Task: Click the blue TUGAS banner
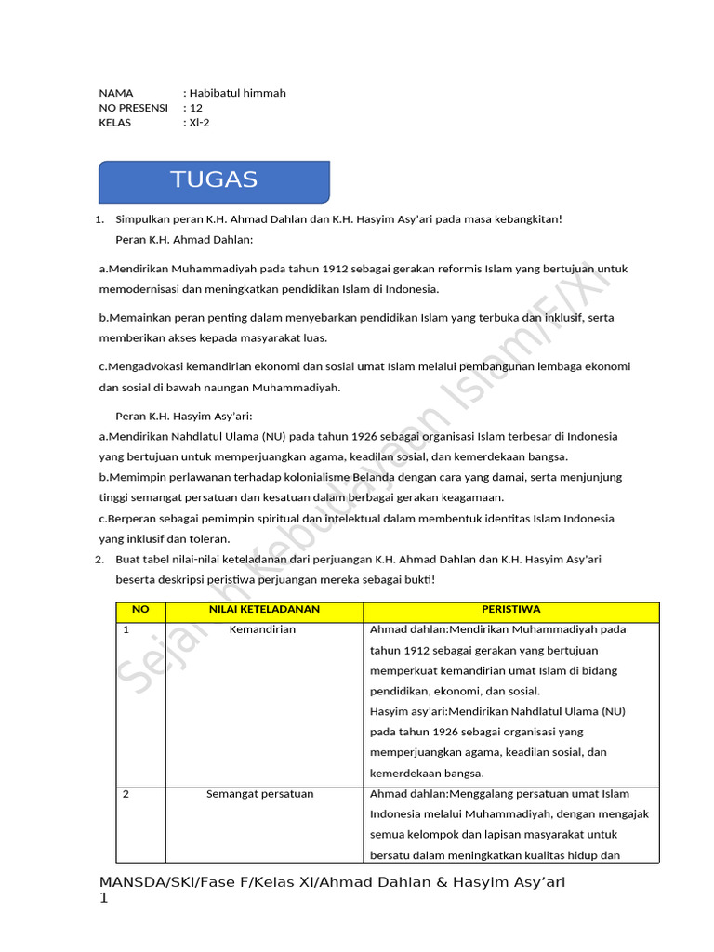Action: (x=214, y=181)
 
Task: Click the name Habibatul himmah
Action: (x=238, y=93)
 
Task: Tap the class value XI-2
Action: (x=200, y=123)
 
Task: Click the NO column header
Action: (x=140, y=610)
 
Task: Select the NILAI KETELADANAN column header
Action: (x=264, y=610)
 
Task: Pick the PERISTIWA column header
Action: (x=510, y=610)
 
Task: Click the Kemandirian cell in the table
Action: (x=262, y=630)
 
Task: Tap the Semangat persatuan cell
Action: (x=260, y=794)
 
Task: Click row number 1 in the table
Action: (x=126, y=630)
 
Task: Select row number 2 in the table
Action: (x=126, y=794)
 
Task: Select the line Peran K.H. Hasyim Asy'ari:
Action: (x=184, y=416)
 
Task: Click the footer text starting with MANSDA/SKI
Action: (x=332, y=881)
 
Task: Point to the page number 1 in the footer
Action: (x=104, y=899)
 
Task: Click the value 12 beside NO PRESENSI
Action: (x=196, y=108)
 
